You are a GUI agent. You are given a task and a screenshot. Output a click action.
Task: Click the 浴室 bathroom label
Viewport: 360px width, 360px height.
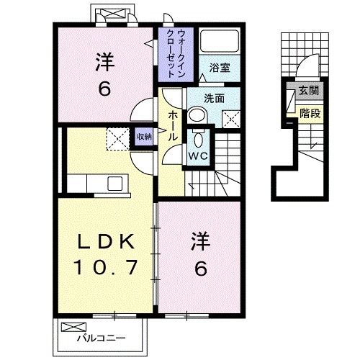coord(219,67)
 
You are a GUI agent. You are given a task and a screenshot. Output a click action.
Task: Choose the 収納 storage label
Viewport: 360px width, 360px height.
coord(144,135)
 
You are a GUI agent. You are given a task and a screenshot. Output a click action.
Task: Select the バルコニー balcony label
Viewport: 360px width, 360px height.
coord(102,338)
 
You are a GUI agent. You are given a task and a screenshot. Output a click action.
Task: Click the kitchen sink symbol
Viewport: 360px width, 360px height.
coord(115,183)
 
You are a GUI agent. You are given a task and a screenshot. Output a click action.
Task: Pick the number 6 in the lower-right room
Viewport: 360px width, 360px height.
coord(200,268)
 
